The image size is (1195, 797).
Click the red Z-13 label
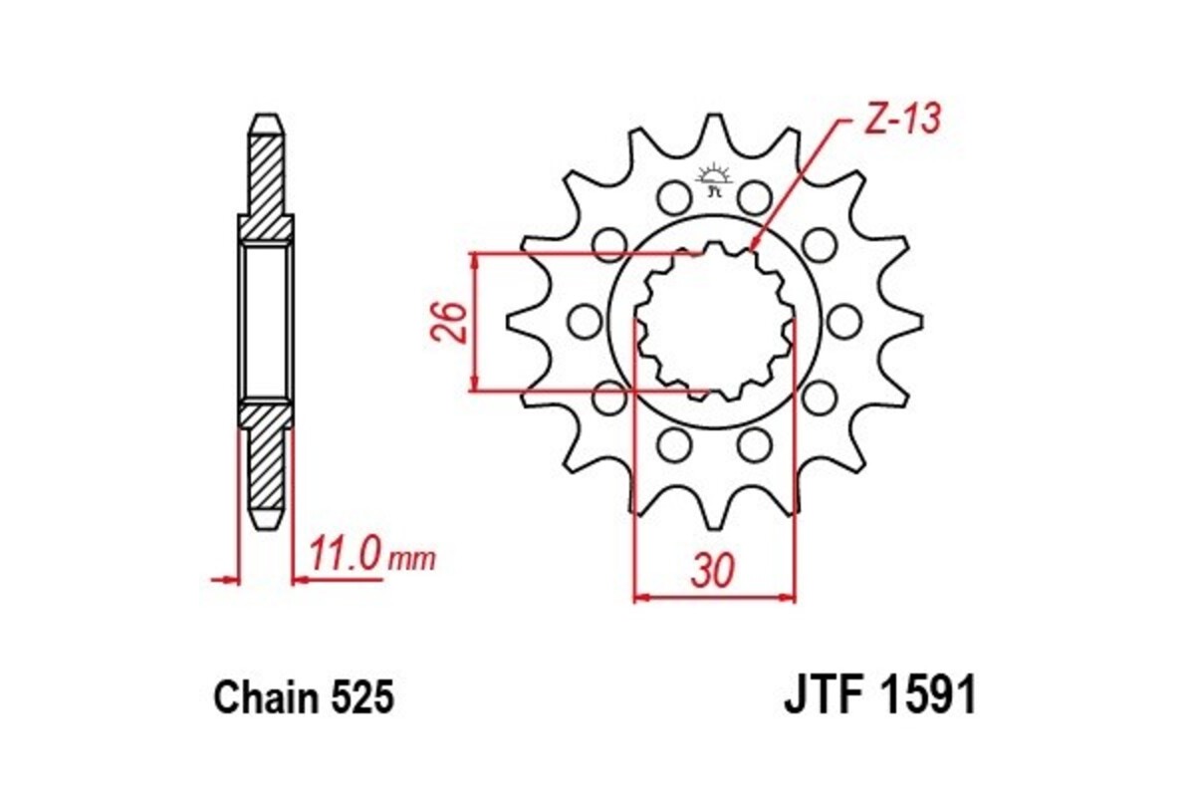(899, 120)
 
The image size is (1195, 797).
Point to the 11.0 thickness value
(344, 556)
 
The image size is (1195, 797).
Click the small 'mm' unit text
(411, 559)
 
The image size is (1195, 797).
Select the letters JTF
(827, 697)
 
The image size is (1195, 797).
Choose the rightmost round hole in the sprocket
(843, 321)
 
